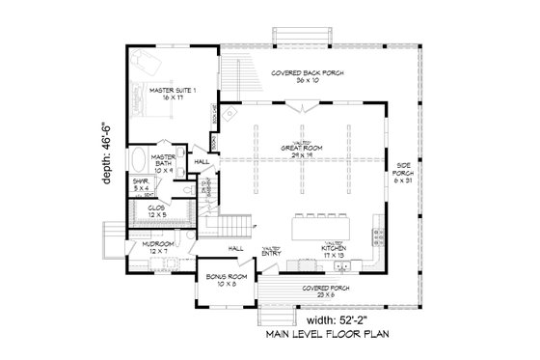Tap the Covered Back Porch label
click(x=307, y=77)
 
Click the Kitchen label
click(x=320, y=250)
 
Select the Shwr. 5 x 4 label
click(x=143, y=183)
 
